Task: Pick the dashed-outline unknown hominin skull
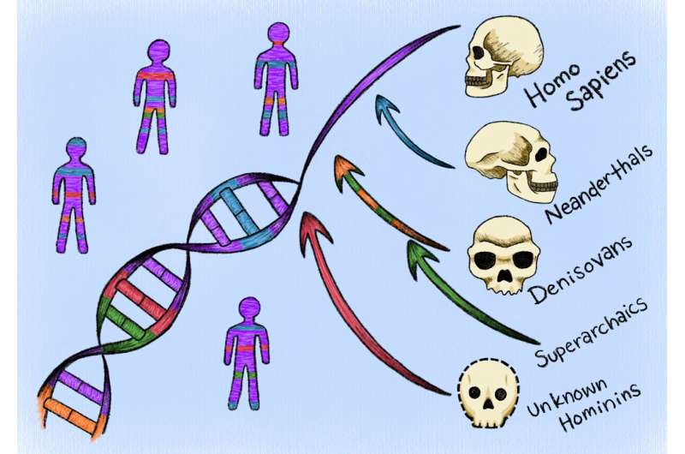pos(488,393)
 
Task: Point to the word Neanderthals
pos(599,182)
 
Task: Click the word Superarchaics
pos(591,332)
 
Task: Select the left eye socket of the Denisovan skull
pos(485,261)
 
